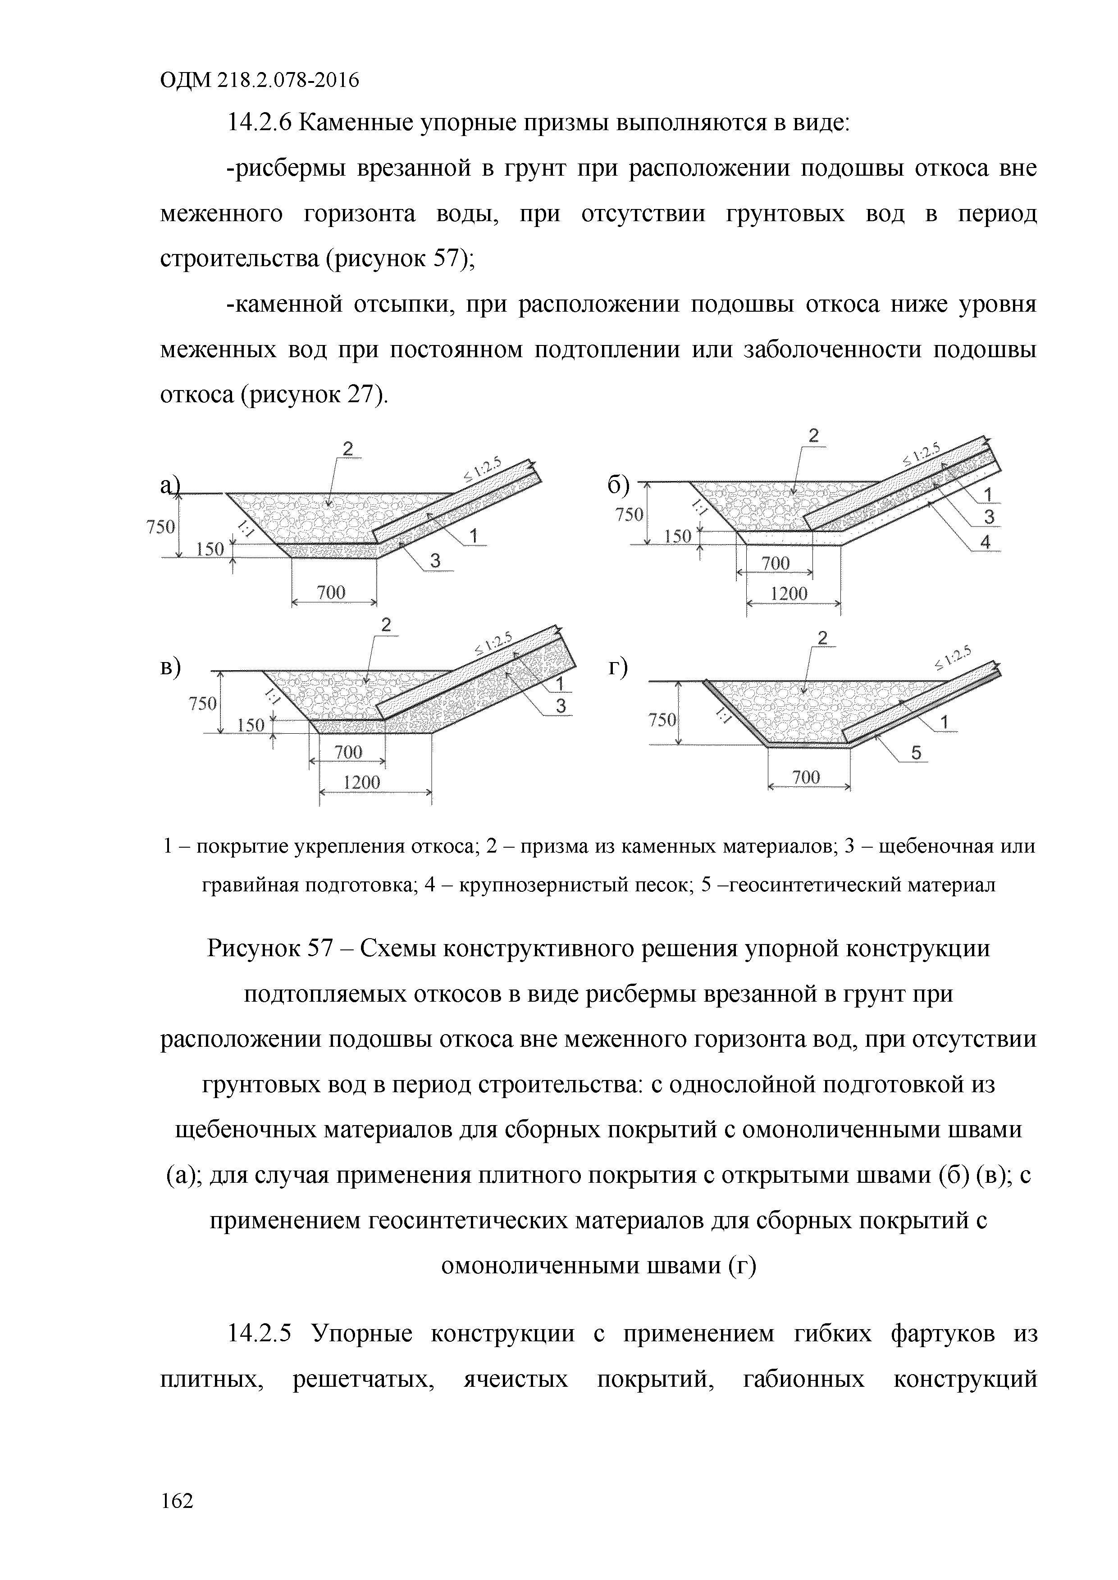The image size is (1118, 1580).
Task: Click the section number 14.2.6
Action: (x=260, y=123)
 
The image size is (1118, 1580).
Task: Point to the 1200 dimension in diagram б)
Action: (x=789, y=593)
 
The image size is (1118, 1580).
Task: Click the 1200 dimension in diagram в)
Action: (x=361, y=782)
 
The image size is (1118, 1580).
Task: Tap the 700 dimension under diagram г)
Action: (x=806, y=777)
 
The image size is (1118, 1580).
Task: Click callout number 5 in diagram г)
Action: (x=916, y=754)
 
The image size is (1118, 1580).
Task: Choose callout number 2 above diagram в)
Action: (x=386, y=625)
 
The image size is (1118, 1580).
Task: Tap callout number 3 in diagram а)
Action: (x=435, y=562)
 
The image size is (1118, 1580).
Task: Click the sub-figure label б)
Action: (x=618, y=486)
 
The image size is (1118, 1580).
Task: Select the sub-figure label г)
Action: (x=617, y=669)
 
